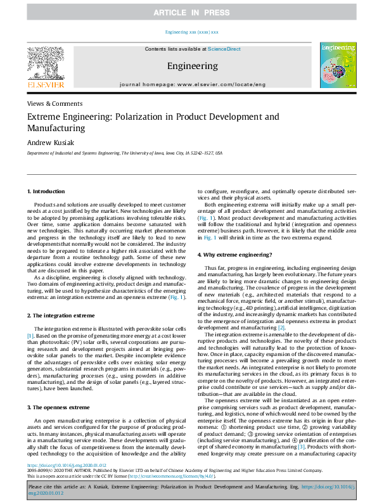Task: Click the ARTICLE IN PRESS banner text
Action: pos(188,13)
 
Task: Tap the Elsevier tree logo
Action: pos(45,64)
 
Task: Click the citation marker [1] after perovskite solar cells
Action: pos(30,335)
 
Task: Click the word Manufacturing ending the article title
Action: pos(56,128)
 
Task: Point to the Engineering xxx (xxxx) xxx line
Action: pos(191,32)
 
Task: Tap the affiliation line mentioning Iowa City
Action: pos(124,153)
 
